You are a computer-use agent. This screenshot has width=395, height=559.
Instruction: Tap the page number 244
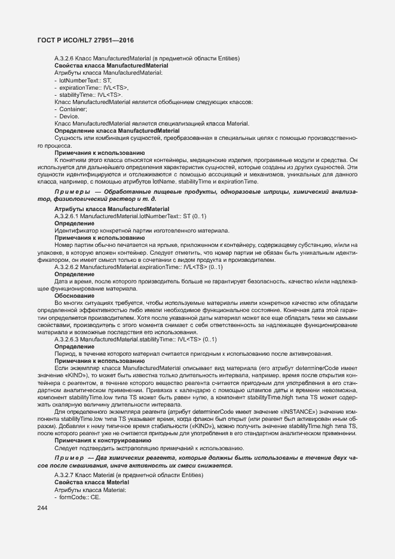[x=42, y=508]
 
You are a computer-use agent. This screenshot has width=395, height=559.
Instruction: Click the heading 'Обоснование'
[x=74, y=295]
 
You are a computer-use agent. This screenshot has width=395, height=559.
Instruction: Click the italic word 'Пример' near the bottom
[x=70, y=457]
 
